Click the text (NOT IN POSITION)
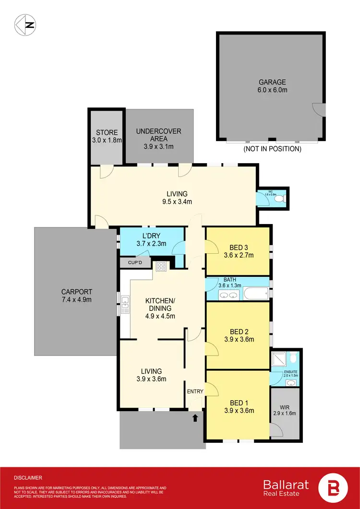[x=272, y=149]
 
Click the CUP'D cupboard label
[x=134, y=263]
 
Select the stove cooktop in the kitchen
[x=160, y=267]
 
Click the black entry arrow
[x=195, y=418]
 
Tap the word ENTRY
[x=196, y=391]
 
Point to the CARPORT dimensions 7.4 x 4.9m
[x=76, y=299]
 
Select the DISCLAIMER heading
[x=28, y=478]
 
